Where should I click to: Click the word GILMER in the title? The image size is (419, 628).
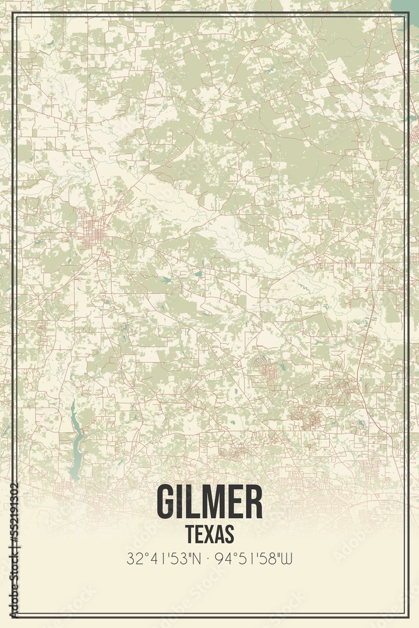point(209,502)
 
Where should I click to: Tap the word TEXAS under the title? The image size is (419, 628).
point(210,534)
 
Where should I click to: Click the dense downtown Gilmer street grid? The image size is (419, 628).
point(92,229)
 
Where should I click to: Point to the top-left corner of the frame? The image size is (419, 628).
point(13,14)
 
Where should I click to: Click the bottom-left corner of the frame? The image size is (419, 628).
point(13,616)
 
